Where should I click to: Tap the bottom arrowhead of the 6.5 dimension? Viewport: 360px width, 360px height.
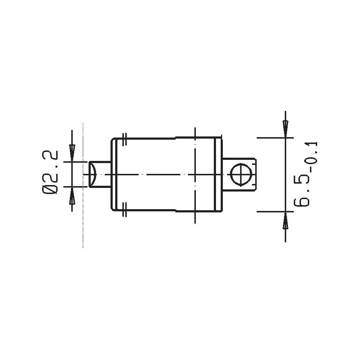point(285,221)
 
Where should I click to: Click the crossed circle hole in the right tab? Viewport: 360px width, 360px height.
point(239,174)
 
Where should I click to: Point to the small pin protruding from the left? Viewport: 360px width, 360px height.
point(99,175)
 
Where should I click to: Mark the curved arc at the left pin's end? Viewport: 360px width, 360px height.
point(94,175)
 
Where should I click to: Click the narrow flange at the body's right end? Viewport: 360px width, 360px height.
point(218,174)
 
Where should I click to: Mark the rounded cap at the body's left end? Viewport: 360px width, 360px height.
point(112,174)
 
